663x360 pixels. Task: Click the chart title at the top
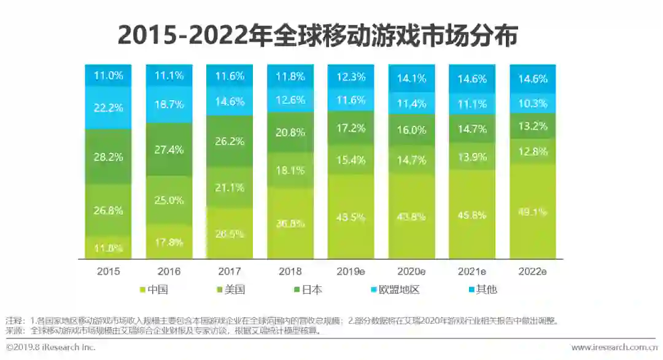pos(318,35)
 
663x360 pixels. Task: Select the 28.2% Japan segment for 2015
pos(108,157)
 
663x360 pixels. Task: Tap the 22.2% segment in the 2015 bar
pos(108,108)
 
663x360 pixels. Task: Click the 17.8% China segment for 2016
pos(169,241)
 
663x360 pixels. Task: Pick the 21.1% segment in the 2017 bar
pos(230,187)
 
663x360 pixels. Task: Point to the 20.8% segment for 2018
pos(290,132)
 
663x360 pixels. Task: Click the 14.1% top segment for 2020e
pos(411,78)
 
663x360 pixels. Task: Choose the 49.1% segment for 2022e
pos(533,212)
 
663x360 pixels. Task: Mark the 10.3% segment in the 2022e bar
pos(533,104)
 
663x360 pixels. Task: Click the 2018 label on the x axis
pos(290,271)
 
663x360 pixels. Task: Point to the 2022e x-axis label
pos(533,271)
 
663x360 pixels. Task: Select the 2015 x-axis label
pos(108,271)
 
